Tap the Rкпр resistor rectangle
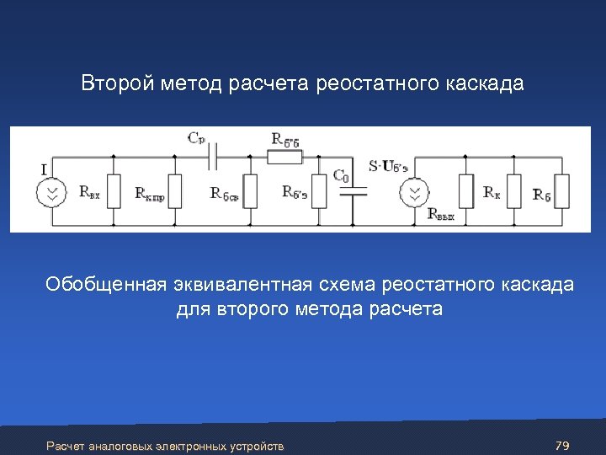175,191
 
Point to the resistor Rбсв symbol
250,191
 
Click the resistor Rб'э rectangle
319,191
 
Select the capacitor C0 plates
357,191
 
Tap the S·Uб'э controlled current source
413,192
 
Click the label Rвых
441,215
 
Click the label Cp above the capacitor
196,136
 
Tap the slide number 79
563,444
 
